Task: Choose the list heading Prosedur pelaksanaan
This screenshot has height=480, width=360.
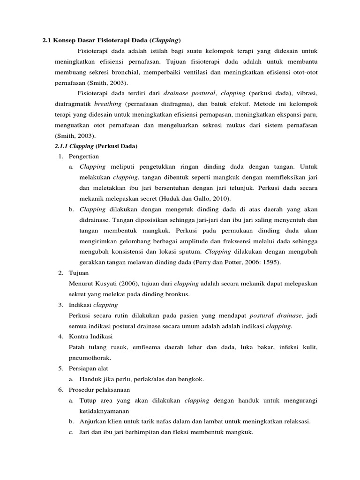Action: click(99, 390)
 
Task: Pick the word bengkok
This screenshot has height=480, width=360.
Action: click(193, 379)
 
